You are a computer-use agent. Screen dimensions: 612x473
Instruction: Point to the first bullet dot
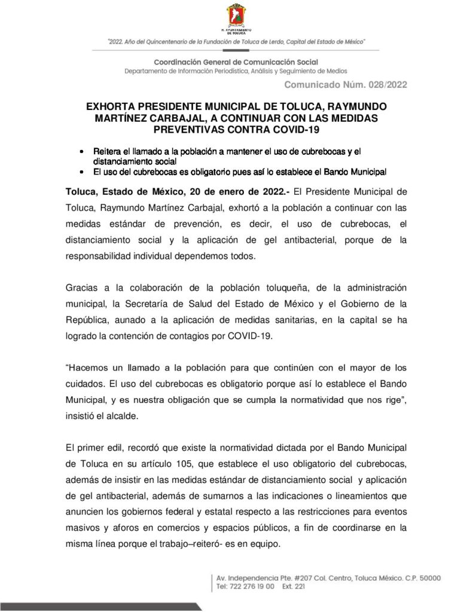81,152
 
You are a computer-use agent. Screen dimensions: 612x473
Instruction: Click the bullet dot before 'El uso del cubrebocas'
81,172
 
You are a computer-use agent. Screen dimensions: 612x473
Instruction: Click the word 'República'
87,320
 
